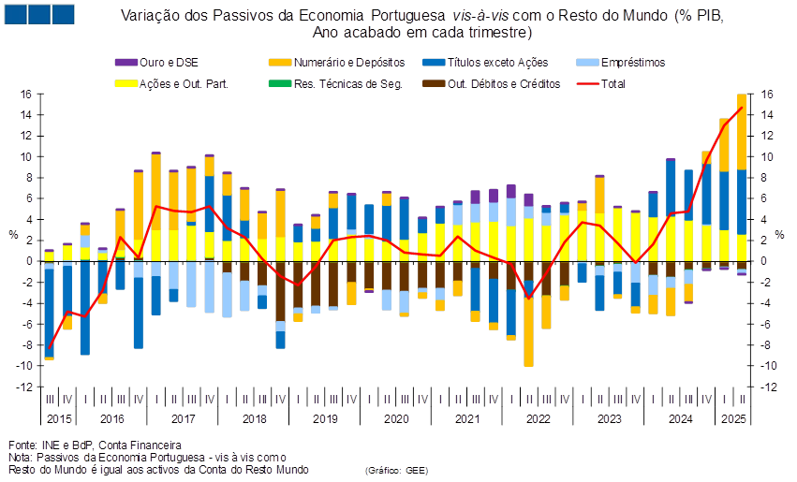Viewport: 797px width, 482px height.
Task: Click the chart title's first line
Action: tap(422, 16)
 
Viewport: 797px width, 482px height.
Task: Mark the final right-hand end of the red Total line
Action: tap(742, 107)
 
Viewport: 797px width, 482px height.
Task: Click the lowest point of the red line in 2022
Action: tap(529, 298)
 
